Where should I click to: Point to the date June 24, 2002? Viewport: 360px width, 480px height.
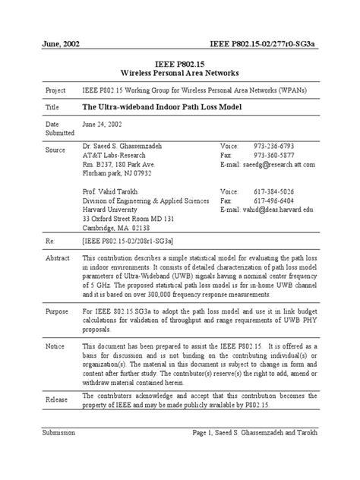(x=101, y=124)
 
